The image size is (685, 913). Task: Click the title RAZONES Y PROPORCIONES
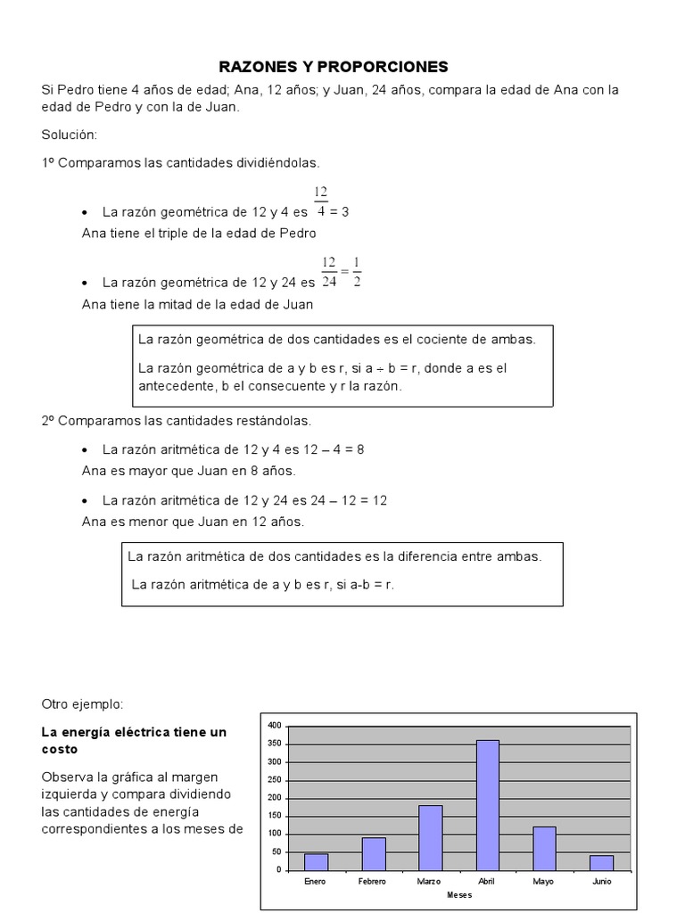click(x=334, y=67)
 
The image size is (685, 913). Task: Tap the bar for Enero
click(x=316, y=861)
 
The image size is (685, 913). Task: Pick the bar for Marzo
click(x=430, y=837)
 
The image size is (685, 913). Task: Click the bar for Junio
click(x=602, y=862)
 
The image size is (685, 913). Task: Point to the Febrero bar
click(x=374, y=853)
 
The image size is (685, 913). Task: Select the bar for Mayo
click(x=545, y=848)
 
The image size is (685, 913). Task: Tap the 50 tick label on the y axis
click(x=276, y=851)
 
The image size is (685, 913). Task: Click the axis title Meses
click(x=459, y=894)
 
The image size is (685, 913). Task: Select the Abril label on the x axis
click(x=487, y=881)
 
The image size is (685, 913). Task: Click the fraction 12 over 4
click(x=321, y=202)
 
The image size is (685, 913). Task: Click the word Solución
click(x=69, y=135)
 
